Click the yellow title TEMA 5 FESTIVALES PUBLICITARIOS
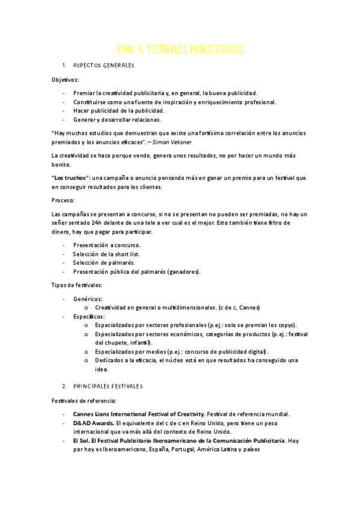180,49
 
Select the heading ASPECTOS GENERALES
103,65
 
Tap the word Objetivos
65,79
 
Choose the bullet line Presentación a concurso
106,245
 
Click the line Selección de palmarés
103,263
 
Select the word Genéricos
88,299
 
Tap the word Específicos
89,316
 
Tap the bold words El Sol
81,440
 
